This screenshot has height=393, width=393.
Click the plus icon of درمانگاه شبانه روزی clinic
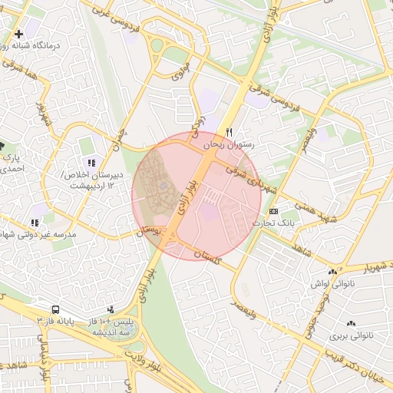tap(18, 34)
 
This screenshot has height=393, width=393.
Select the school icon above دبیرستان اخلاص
tap(91, 163)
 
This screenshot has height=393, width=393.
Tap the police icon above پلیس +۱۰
tap(110, 309)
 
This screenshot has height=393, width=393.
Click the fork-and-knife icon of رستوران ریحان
tap(229, 132)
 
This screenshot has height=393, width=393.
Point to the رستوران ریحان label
tap(229, 144)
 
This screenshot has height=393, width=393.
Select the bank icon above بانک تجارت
tap(273, 211)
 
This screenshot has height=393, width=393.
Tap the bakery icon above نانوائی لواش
tap(332, 272)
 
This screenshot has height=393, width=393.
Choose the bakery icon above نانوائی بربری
tap(352, 324)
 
